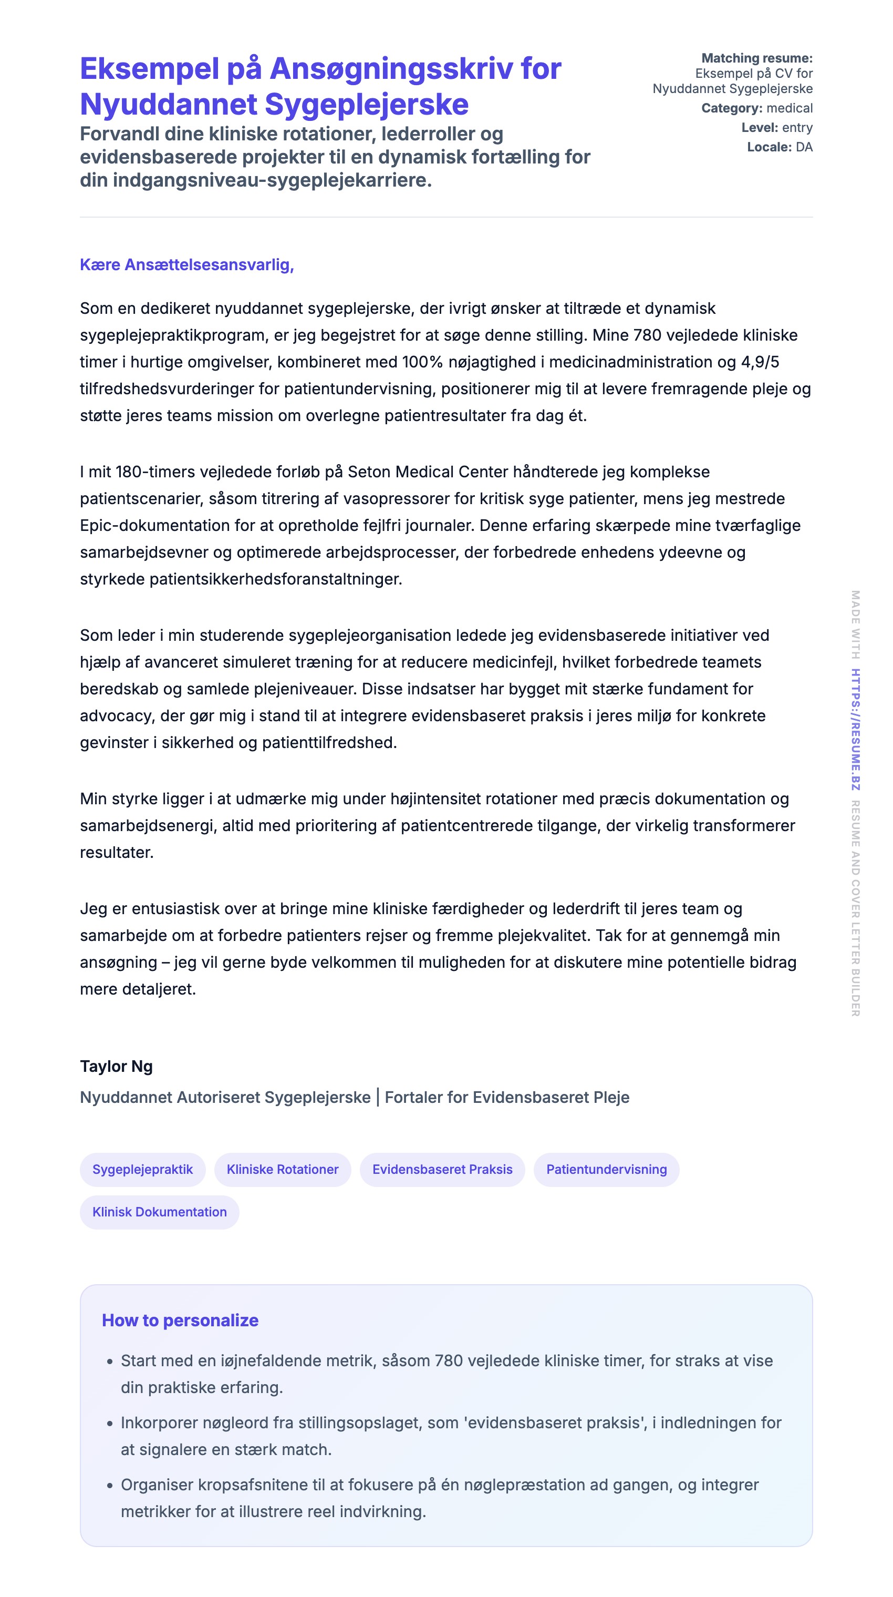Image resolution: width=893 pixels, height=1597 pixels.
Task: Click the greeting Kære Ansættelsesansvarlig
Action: point(186,265)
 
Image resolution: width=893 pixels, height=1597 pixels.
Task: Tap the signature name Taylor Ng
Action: point(116,1066)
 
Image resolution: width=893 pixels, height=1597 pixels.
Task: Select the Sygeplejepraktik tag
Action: point(142,1169)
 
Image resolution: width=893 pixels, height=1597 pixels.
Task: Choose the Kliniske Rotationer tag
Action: point(283,1169)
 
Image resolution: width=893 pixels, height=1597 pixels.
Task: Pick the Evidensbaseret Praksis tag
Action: point(442,1169)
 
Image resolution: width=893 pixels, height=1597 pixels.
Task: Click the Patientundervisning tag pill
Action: point(606,1169)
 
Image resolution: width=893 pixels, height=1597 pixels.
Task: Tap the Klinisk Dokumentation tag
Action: point(159,1212)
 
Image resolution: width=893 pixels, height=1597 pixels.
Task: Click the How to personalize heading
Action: point(180,1320)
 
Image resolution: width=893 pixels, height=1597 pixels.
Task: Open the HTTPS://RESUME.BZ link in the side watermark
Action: point(855,729)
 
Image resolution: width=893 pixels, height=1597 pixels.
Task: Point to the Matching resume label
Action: point(756,58)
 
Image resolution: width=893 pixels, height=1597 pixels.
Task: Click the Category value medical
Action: point(789,108)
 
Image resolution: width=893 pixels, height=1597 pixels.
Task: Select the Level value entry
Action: point(797,128)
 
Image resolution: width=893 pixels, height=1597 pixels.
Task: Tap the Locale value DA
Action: point(804,147)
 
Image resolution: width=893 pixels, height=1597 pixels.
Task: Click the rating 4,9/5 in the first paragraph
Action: point(760,362)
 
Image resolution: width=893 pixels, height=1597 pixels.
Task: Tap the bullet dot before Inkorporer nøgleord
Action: point(110,1424)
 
